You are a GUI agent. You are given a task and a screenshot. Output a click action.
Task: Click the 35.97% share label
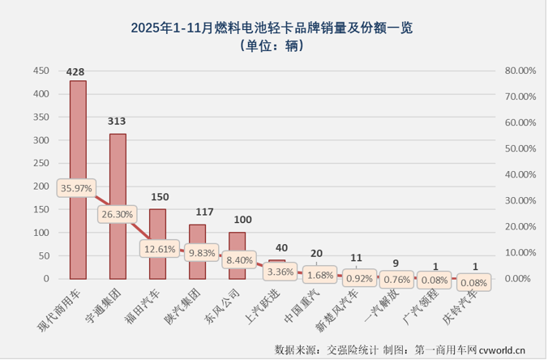click(75, 187)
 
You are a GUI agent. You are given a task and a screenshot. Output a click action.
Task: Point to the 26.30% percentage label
click(118, 215)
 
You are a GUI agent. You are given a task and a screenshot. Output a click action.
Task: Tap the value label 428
click(76, 72)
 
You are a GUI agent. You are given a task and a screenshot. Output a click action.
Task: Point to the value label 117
click(197, 212)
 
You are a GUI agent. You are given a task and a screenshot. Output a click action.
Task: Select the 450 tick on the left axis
click(41, 71)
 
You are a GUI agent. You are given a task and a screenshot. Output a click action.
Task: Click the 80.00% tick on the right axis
click(520, 71)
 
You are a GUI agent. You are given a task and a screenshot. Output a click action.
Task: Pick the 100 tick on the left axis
click(41, 233)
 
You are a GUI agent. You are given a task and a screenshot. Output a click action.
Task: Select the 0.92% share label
click(357, 277)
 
